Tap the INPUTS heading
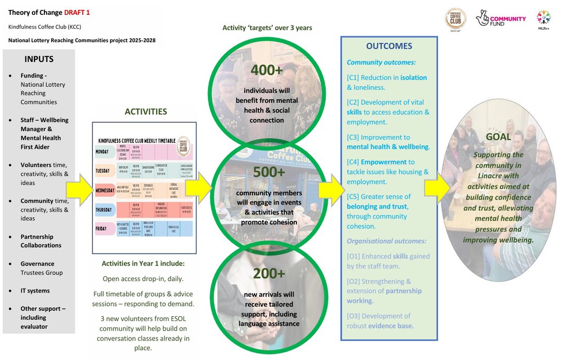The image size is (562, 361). click(x=38, y=59)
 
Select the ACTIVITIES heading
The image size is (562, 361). click(x=145, y=111)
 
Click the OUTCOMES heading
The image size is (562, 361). click(x=389, y=46)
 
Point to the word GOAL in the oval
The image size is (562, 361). click(x=498, y=137)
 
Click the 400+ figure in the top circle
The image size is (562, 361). click(x=267, y=70)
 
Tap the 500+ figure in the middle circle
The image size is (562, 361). click(x=269, y=172)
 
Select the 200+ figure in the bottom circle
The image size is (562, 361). click(x=269, y=273)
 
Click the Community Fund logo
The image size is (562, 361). click(x=501, y=19)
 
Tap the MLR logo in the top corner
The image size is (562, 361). click(x=543, y=19)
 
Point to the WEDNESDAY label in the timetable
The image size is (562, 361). click(x=109, y=190)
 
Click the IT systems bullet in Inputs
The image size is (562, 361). click(x=35, y=291)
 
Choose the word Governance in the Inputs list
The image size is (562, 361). click(x=37, y=264)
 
